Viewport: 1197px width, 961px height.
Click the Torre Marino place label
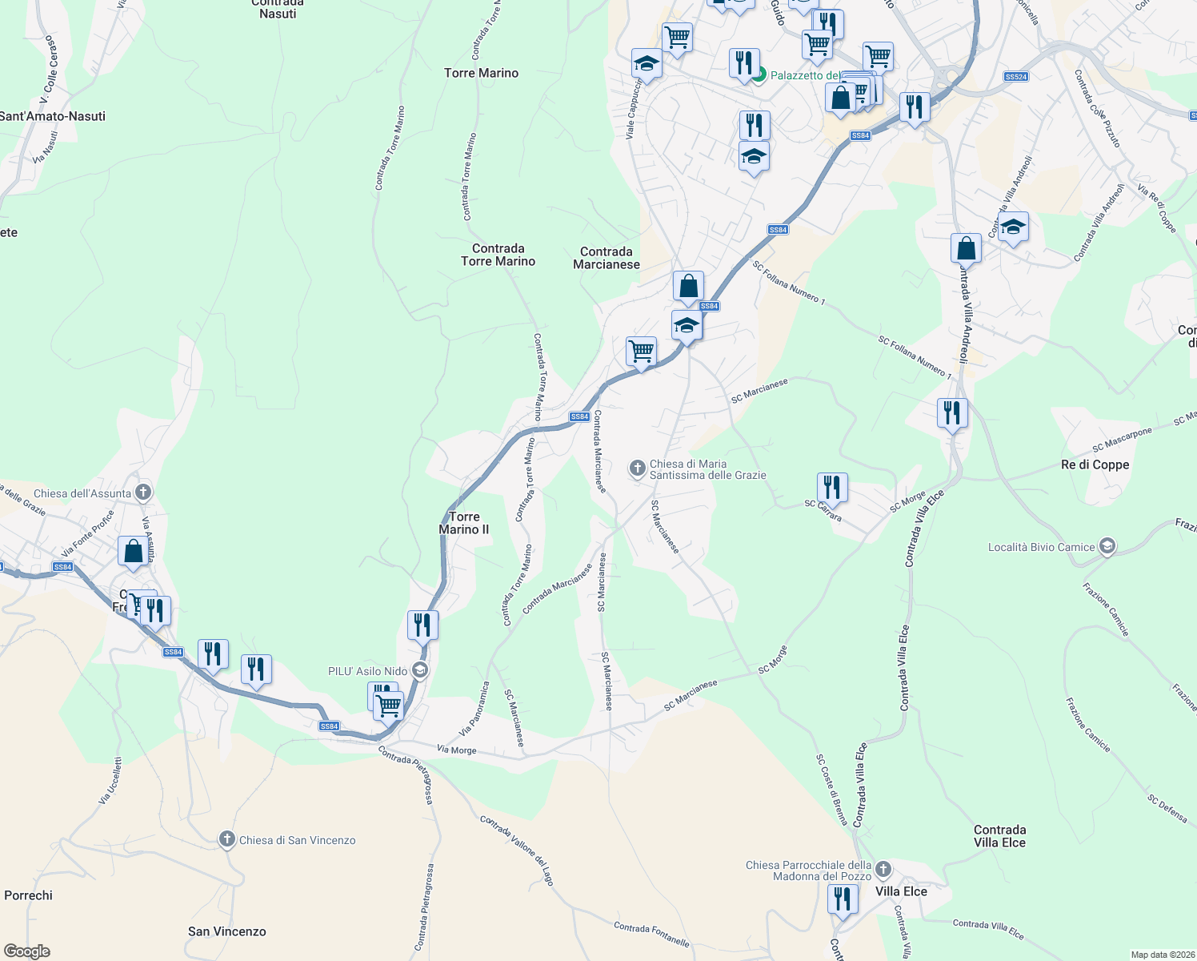pos(481,73)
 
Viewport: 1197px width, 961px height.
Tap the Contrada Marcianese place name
pos(607,258)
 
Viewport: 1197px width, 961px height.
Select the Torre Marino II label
pos(464,523)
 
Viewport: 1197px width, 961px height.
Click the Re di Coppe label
pos(1095,464)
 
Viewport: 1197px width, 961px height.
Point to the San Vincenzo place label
pos(226,931)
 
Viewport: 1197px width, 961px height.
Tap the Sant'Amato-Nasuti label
pos(53,116)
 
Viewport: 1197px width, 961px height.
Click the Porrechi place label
pos(28,895)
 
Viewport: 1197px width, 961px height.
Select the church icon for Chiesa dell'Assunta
pos(143,492)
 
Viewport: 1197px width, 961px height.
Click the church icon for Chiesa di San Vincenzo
pos(227,839)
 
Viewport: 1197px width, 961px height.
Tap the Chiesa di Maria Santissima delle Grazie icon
pos(638,468)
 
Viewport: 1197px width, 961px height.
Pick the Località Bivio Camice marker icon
pos(1107,547)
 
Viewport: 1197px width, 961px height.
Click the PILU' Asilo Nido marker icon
pos(419,671)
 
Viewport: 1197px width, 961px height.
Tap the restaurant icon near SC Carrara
pos(832,487)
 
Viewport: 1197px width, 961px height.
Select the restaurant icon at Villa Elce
pos(842,898)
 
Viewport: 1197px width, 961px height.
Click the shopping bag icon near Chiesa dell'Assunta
pos(133,550)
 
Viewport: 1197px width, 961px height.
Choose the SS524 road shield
pos(1015,77)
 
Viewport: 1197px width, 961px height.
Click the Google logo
pos(27,951)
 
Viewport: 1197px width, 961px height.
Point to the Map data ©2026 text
pos(1161,955)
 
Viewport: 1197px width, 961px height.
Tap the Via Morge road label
pos(457,750)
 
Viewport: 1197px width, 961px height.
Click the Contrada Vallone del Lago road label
pos(517,850)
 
